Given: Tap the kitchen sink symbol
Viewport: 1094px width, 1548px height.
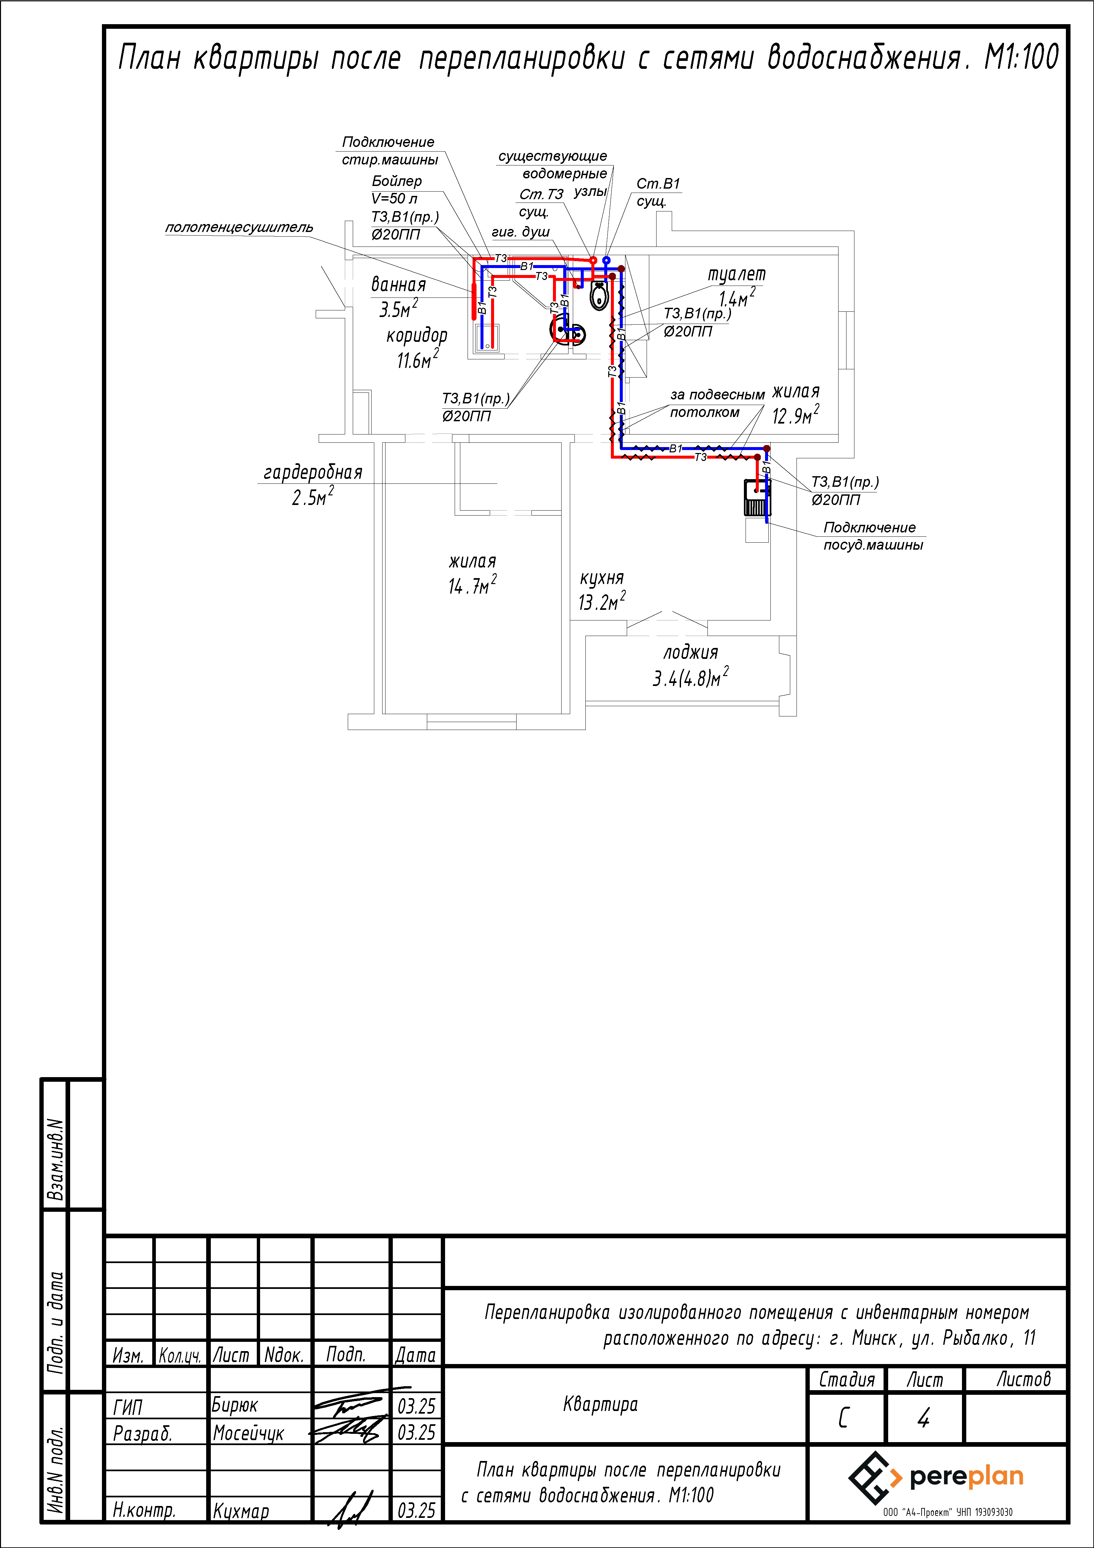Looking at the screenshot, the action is point(756,498).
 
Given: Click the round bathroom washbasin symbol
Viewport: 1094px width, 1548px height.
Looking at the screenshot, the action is point(568,332).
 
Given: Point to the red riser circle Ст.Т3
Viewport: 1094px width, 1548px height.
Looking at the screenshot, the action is point(592,259).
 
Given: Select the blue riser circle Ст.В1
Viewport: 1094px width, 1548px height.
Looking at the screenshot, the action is point(607,259).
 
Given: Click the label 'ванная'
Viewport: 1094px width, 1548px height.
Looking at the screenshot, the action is point(398,285).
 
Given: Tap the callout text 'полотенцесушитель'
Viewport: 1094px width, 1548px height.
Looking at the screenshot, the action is point(239,227).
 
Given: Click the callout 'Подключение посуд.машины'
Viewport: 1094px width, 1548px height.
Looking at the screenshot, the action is point(873,536).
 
